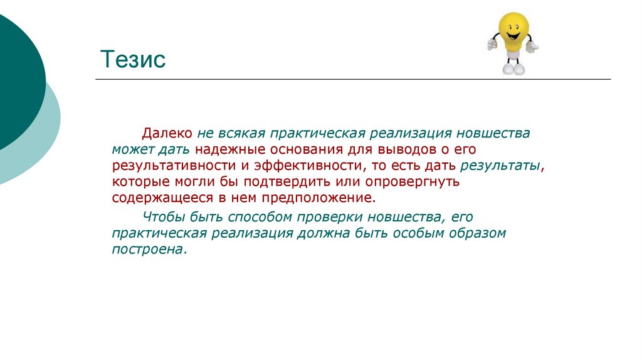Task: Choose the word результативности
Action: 173,166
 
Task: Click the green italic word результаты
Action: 500,166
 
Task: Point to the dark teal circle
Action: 16,82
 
